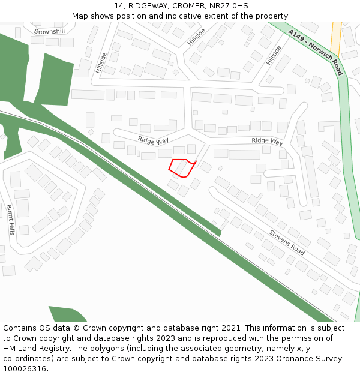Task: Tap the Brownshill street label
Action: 49,31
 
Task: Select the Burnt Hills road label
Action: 10,219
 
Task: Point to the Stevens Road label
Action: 286,242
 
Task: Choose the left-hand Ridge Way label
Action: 153,140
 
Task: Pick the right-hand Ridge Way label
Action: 267,142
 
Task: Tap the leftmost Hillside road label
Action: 101,62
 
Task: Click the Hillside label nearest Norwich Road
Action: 274,56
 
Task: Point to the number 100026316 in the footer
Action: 25,368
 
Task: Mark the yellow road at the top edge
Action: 335,33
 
